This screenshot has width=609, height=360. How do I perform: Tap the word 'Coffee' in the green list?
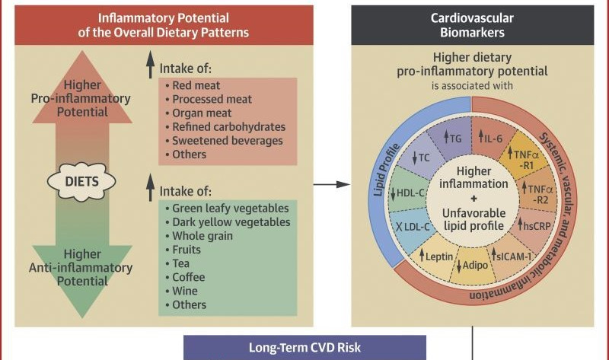click(190, 277)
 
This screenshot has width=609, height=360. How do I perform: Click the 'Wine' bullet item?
click(185, 291)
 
